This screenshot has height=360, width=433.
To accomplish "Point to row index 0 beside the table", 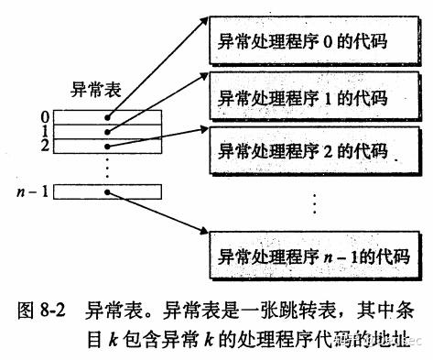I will [44, 116].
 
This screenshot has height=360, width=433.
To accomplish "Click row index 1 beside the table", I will [44, 131].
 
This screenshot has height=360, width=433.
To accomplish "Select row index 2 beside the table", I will [44, 145].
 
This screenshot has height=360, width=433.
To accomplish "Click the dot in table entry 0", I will [108, 117].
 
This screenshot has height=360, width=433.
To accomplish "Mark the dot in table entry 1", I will [108, 131].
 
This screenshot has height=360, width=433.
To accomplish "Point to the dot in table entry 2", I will [108, 145].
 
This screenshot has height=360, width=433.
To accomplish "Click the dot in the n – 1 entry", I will [108, 193].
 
